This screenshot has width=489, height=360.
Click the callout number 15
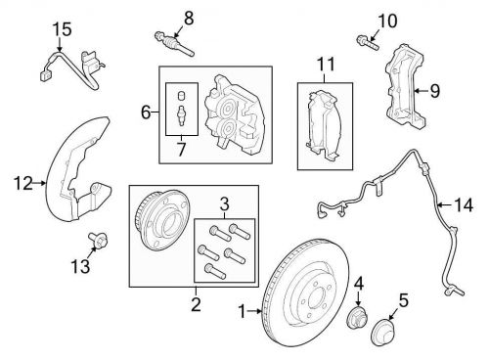click(x=63, y=29)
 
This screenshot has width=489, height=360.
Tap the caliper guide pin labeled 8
click(x=174, y=43)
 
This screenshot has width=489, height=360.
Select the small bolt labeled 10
click(x=368, y=42)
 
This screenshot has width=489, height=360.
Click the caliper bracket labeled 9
click(x=405, y=86)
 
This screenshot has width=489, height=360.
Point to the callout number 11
click(x=326, y=65)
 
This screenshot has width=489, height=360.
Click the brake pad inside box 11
click(x=324, y=125)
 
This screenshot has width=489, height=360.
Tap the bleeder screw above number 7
click(x=181, y=115)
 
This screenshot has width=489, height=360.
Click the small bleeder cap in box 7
click(x=182, y=96)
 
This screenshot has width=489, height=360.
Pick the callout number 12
click(x=23, y=184)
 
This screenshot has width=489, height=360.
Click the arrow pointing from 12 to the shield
click(x=40, y=183)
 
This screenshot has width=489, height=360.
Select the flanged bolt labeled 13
click(x=99, y=241)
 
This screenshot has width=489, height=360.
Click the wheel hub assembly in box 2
click(x=162, y=219)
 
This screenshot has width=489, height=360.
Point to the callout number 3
click(x=225, y=204)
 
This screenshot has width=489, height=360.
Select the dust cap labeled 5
click(x=383, y=331)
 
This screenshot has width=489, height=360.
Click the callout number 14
click(x=464, y=205)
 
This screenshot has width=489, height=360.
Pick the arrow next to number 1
click(x=254, y=311)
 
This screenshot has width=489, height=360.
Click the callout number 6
click(x=146, y=112)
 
